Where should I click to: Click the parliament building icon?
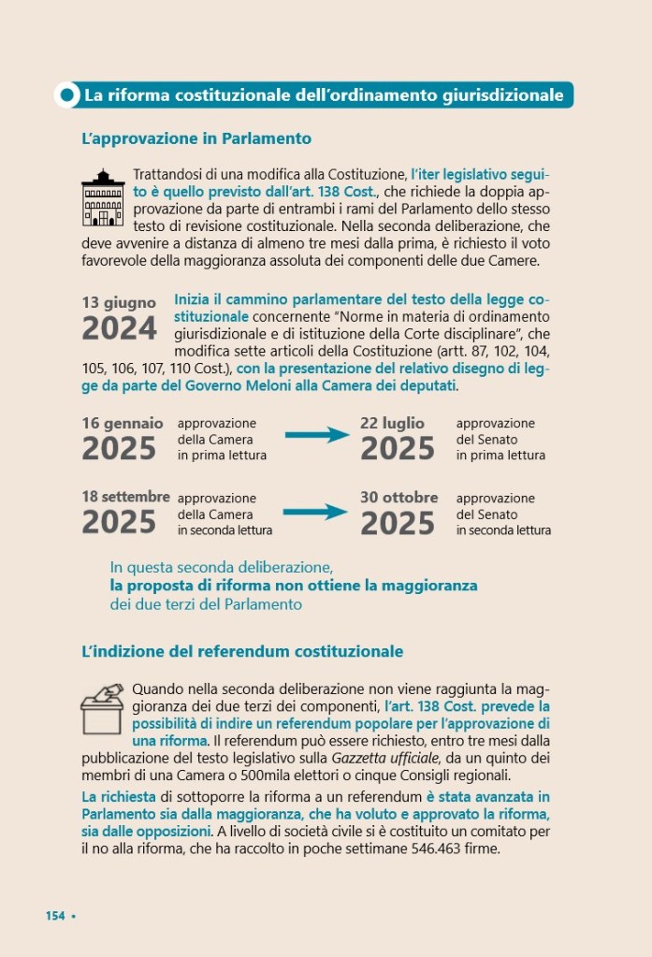coord(103,198)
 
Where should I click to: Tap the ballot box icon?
coord(103,708)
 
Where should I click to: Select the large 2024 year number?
coord(119,329)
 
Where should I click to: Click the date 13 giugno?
coord(119,303)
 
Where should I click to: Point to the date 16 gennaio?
coord(122,423)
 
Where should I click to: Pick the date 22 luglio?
coord(392,423)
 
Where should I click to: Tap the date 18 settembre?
coord(125,497)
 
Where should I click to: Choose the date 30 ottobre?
coord(398,497)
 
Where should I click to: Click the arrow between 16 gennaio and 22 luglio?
coord(315,435)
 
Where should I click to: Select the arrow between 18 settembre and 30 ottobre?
coord(315,512)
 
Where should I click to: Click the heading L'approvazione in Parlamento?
coord(196,138)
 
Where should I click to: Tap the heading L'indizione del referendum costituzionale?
coord(242,650)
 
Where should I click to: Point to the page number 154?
coord(55,916)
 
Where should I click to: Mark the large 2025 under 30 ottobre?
coord(398,523)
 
